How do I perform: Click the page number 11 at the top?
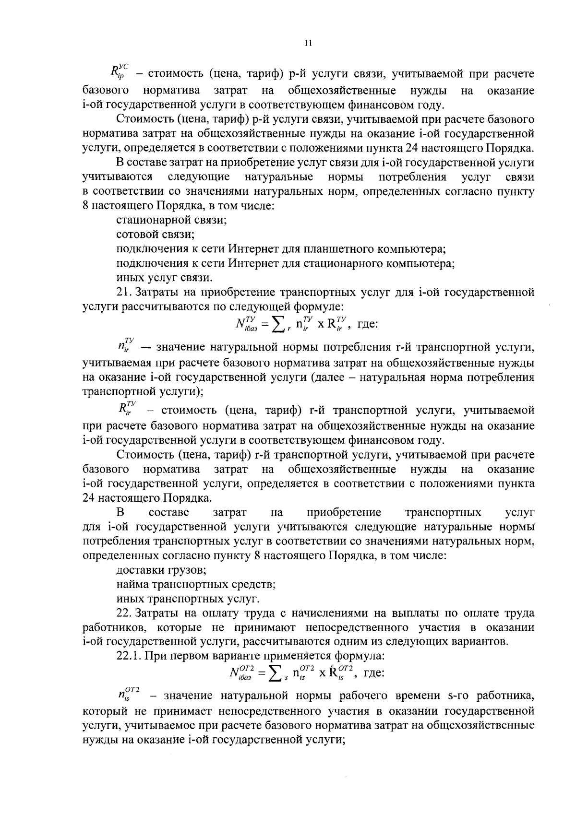point(308,43)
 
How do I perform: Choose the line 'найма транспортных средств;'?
point(196,585)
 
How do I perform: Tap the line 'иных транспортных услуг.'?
point(188,599)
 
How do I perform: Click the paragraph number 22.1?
point(127,655)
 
